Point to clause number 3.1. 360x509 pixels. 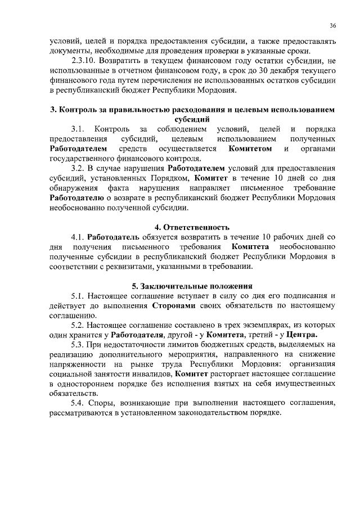point(78,129)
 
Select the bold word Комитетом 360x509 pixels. point(250,148)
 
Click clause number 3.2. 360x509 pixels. point(78,168)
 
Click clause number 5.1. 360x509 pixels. point(78,295)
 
